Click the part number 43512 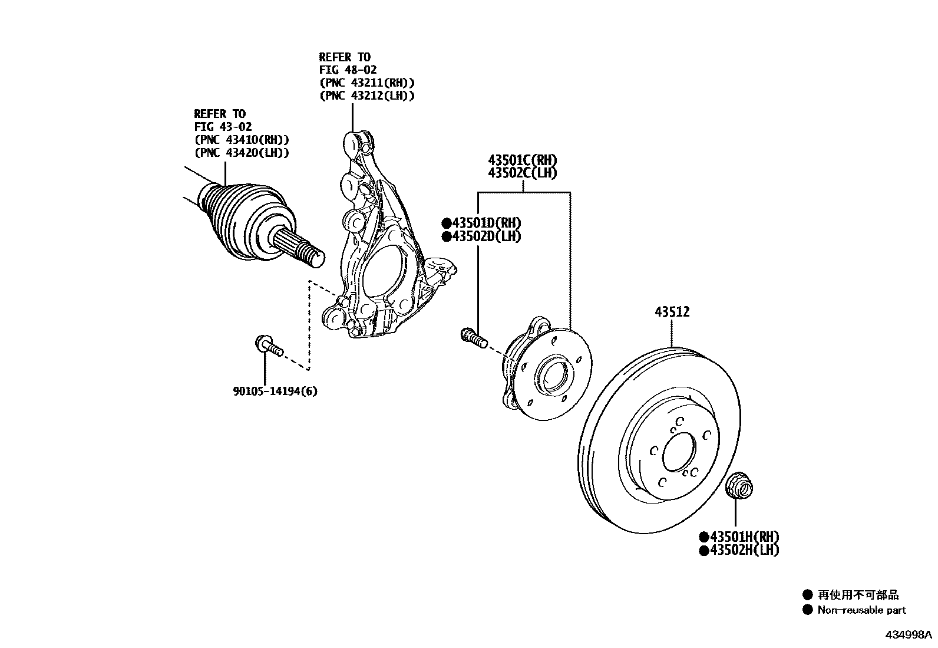coord(672,312)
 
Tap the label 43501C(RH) coord(522,160)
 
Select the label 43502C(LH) coord(522,173)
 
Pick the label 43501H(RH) coord(743,537)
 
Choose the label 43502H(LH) coord(743,550)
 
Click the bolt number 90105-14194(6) coord(275,391)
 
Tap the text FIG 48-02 coord(348,70)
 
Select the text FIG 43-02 coord(223,127)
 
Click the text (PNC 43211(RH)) coord(366,83)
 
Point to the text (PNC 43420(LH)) coord(242,153)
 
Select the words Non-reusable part coord(861,610)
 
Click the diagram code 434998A coord(907,635)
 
